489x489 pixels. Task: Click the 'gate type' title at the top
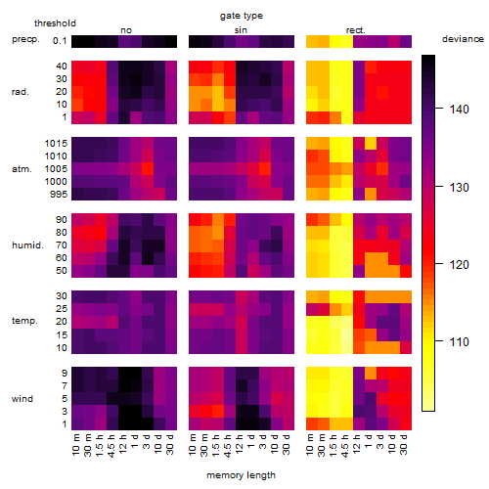pyautogui.click(x=242, y=17)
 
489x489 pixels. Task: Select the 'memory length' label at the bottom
pyautogui.click(x=241, y=475)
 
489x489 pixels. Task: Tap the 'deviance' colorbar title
pyautogui.click(x=463, y=39)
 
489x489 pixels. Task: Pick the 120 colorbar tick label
pyautogui.click(x=460, y=265)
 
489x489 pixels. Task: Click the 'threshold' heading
pyautogui.click(x=55, y=23)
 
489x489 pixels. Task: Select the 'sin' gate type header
pyautogui.click(x=241, y=30)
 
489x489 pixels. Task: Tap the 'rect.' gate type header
pyautogui.click(x=355, y=30)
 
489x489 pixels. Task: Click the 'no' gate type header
pyautogui.click(x=126, y=30)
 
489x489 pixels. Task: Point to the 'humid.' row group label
pyautogui.click(x=27, y=245)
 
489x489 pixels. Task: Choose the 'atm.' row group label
pyautogui.click(x=22, y=169)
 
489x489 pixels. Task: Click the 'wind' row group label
pyautogui.click(x=22, y=399)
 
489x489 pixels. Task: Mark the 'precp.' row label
pyautogui.click(x=25, y=40)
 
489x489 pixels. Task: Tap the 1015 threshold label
pyautogui.click(x=56, y=144)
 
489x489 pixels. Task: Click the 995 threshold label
pyautogui.click(x=59, y=195)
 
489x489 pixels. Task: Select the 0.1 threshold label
pyautogui.click(x=60, y=41)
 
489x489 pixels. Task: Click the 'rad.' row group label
pyautogui.click(x=21, y=92)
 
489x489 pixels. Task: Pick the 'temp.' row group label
pyautogui.click(x=24, y=321)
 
